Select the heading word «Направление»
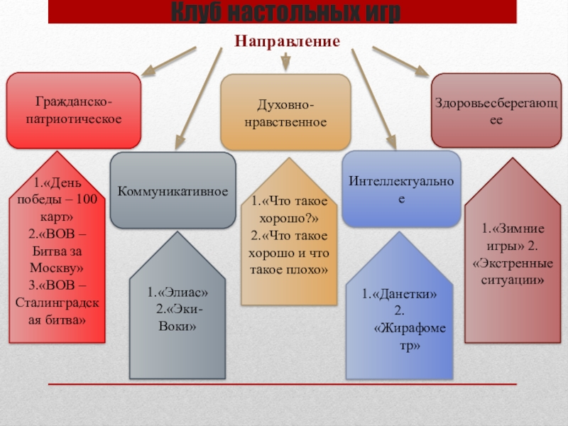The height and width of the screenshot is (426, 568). (x=288, y=42)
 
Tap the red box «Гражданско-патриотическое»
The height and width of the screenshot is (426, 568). (x=73, y=110)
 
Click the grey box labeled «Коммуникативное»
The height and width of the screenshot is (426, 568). (x=173, y=191)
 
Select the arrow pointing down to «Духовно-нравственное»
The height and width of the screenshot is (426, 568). (x=285, y=62)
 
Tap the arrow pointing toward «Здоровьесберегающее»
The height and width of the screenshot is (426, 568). (x=400, y=62)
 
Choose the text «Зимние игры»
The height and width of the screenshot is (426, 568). (x=508, y=237)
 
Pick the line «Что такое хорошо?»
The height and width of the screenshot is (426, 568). (x=288, y=210)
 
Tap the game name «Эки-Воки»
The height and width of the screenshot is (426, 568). (x=177, y=318)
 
